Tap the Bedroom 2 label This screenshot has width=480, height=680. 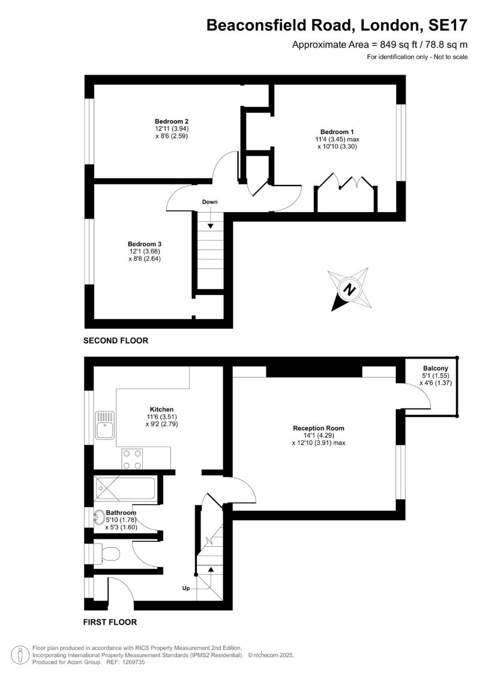[172, 121]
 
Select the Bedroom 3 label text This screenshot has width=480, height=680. [145, 244]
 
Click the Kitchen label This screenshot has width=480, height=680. [161, 410]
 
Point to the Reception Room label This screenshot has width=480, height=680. [319, 428]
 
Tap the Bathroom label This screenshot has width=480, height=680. [121, 512]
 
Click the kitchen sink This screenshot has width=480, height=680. [105, 425]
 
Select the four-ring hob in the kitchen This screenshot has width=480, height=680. [132, 460]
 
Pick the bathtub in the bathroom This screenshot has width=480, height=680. [125, 490]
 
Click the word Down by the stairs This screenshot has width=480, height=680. [209, 202]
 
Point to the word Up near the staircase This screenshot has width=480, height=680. [186, 589]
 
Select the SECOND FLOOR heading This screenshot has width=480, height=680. [116, 341]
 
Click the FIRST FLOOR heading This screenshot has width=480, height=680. [110, 622]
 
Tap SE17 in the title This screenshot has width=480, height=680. [448, 25]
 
